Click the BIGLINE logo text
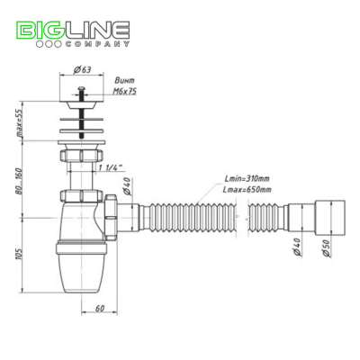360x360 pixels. click(x=74, y=30)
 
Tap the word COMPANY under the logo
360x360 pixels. click(x=97, y=44)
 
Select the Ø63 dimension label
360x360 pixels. click(x=83, y=69)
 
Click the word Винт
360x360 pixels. click(x=125, y=80)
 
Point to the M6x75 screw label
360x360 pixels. click(x=125, y=91)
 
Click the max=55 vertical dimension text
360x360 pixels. click(x=20, y=122)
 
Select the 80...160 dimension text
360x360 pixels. click(x=20, y=181)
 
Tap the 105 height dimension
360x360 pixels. click(x=20, y=254)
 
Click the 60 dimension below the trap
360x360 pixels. click(x=100, y=308)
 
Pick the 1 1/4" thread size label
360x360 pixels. click(x=111, y=168)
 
